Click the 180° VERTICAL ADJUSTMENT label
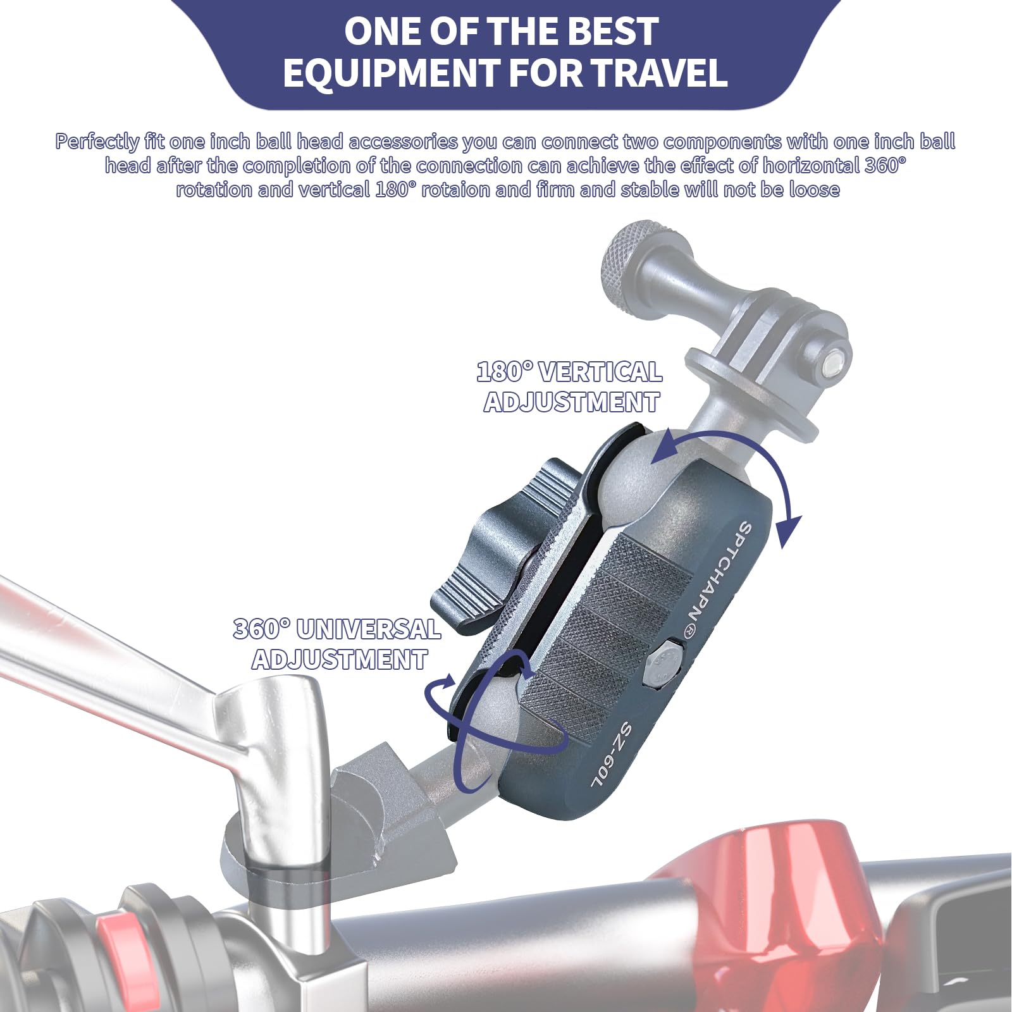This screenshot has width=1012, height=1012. click(x=570, y=386)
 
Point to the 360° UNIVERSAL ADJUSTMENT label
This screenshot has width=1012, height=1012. click(x=338, y=644)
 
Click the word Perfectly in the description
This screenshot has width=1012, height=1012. click(x=97, y=142)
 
